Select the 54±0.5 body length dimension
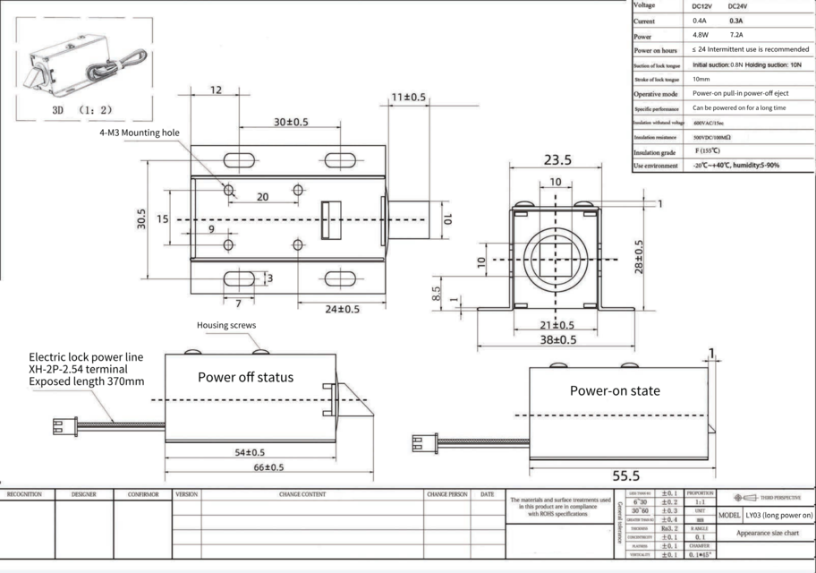[x=250, y=452]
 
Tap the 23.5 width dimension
[x=557, y=160]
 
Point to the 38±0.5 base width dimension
[x=557, y=339]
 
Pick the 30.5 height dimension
[x=141, y=220]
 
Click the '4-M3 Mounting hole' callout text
[x=139, y=133]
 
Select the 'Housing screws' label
[x=226, y=326]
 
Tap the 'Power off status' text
[x=245, y=377]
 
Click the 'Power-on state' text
[x=615, y=390]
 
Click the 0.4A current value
[x=699, y=21]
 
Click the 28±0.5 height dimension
[x=639, y=257]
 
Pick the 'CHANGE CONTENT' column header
[x=302, y=494]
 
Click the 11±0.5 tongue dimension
[x=408, y=97]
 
